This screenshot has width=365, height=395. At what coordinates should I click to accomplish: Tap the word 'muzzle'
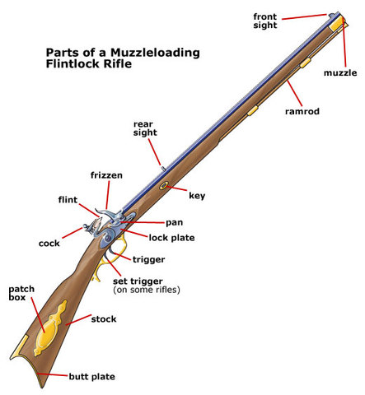(x=340, y=73)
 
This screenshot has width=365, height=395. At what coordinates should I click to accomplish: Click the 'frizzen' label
(x=105, y=175)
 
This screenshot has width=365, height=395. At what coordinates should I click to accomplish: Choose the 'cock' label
(x=49, y=243)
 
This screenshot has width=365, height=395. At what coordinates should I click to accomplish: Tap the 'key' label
(x=197, y=196)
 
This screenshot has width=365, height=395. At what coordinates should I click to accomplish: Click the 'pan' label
(x=174, y=222)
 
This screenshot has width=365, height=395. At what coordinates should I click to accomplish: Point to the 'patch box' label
(x=21, y=295)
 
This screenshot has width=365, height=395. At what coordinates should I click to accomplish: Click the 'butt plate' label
(x=91, y=376)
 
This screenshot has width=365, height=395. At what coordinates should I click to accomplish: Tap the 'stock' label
(x=103, y=318)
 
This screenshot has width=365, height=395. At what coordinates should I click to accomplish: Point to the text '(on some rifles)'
(x=146, y=290)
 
